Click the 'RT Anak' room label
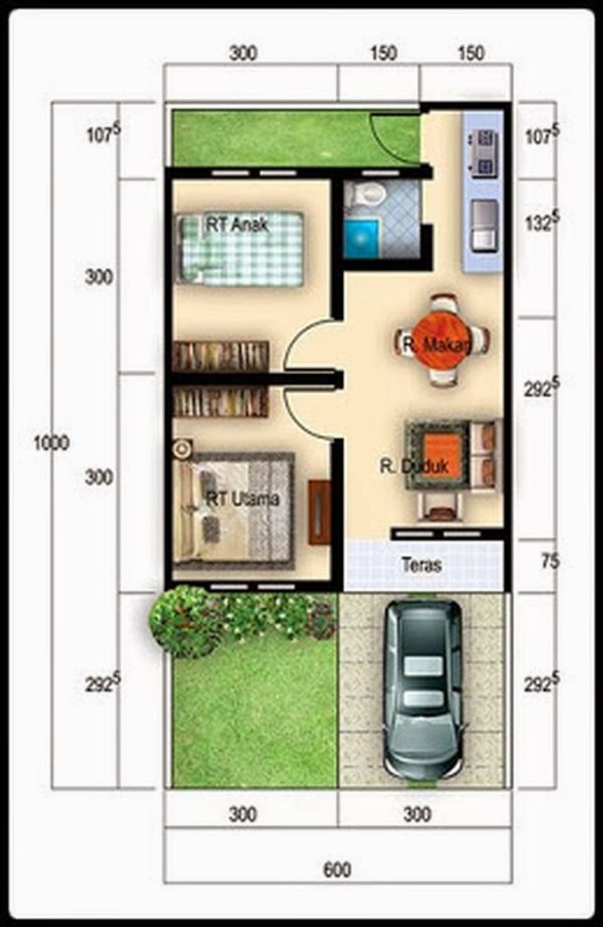(x=237, y=225)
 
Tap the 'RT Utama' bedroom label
(x=242, y=499)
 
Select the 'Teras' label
(x=421, y=565)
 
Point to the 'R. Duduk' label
(x=414, y=467)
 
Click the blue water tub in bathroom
(x=361, y=238)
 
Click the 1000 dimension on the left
(x=51, y=444)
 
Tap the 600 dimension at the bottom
(x=337, y=870)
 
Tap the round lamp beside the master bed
(x=181, y=448)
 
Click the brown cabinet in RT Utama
(x=319, y=512)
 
